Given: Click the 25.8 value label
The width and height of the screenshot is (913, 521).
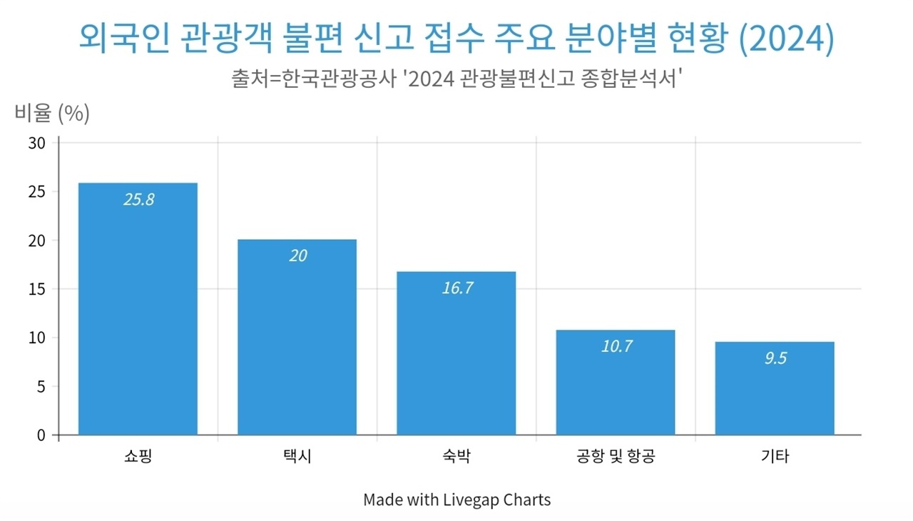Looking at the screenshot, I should click(138, 200).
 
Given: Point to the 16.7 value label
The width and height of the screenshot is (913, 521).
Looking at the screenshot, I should click(457, 288).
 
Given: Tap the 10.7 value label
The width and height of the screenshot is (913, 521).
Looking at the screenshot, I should click(616, 347).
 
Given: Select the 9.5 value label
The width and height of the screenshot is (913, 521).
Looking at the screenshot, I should click(775, 358).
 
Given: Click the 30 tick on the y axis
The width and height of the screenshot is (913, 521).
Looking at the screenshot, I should click(37, 143).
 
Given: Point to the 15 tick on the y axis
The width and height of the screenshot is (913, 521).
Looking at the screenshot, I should click(37, 289).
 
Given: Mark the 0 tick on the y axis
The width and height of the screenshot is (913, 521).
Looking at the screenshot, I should click(41, 435).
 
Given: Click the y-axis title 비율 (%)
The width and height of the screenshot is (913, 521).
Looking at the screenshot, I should click(52, 113).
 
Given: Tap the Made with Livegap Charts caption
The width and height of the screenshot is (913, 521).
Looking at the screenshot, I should click(456, 500).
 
